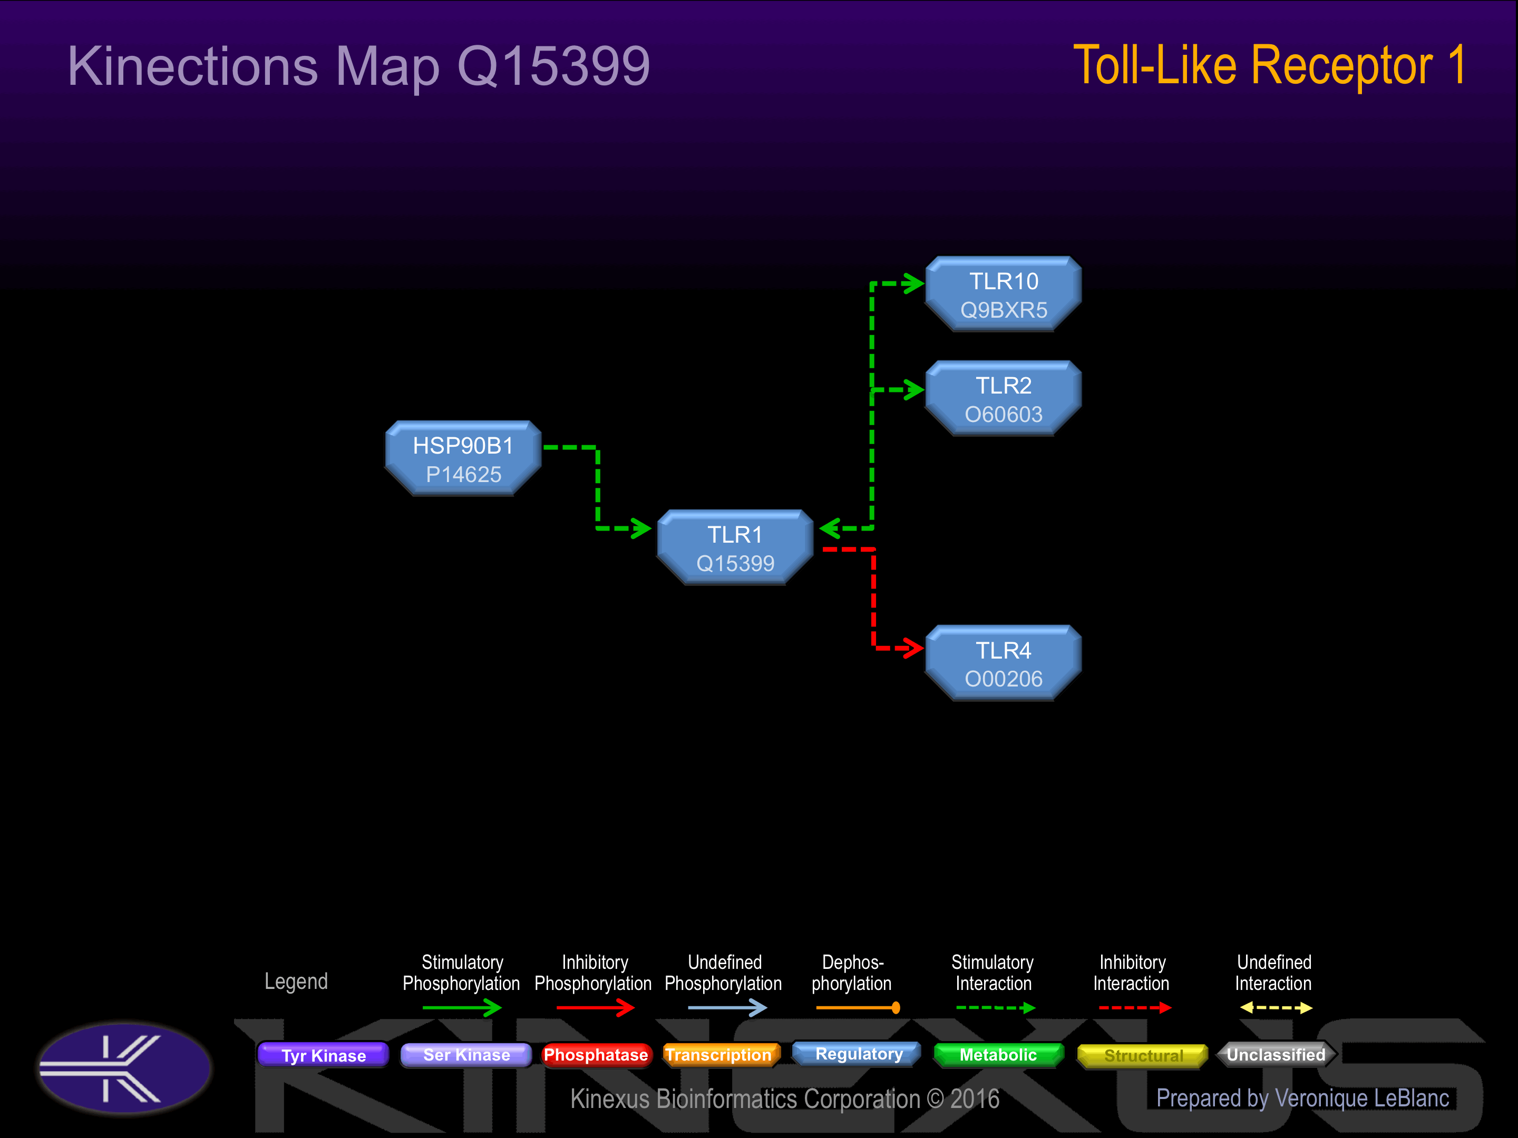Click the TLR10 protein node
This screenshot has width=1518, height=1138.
point(1004,295)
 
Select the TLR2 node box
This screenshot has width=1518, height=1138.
point(1004,398)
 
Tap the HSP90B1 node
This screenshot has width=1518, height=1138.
point(463,458)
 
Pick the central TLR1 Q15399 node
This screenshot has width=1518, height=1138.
point(735,547)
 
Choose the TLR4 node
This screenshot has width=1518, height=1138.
point(1004,663)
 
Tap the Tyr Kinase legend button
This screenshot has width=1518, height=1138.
point(323,1054)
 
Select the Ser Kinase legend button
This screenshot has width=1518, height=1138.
point(466,1054)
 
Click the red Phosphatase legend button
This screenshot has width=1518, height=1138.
point(596,1054)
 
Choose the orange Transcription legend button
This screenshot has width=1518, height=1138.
point(721,1054)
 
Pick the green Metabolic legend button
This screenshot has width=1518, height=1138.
point(998,1054)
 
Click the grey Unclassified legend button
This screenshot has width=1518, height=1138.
point(1276,1054)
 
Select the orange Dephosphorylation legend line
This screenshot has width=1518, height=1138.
point(858,1008)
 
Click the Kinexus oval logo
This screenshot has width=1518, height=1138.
point(124,1068)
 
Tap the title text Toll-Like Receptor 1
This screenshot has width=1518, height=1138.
point(1270,66)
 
